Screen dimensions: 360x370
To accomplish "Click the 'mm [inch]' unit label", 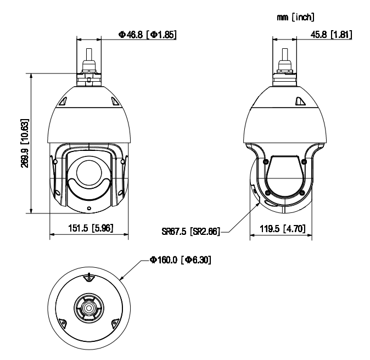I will pos(296,18).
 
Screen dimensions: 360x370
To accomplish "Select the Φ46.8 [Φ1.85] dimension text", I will pos(147,35).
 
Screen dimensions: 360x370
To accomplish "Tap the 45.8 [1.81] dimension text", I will pos(328,35).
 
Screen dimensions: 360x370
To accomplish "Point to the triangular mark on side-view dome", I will pos(299,101).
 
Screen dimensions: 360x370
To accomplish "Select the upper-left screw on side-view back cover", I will pos(266,162).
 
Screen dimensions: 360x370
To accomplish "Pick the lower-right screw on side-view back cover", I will pos(301,192).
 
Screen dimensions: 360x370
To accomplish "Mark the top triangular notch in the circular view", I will pos(87,278).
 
